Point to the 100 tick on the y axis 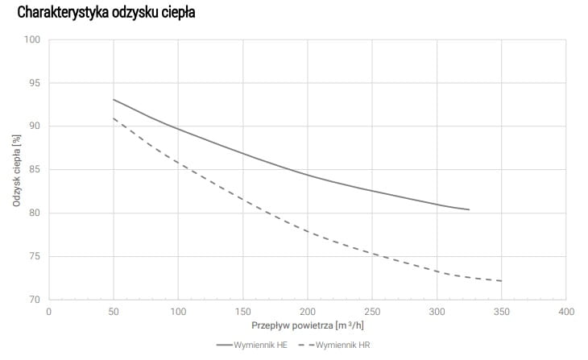pos(33,39)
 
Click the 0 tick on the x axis pos(49,311)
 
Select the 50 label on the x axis pos(114,311)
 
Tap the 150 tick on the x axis pos(242,311)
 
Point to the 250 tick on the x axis pos(372,311)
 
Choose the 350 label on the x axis pos(501,311)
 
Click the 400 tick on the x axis pos(565,311)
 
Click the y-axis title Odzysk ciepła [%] pos(17,170)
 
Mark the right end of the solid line pos(469,209)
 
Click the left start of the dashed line pos(114,118)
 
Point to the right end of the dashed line pos(501,281)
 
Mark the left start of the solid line pos(114,99)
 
